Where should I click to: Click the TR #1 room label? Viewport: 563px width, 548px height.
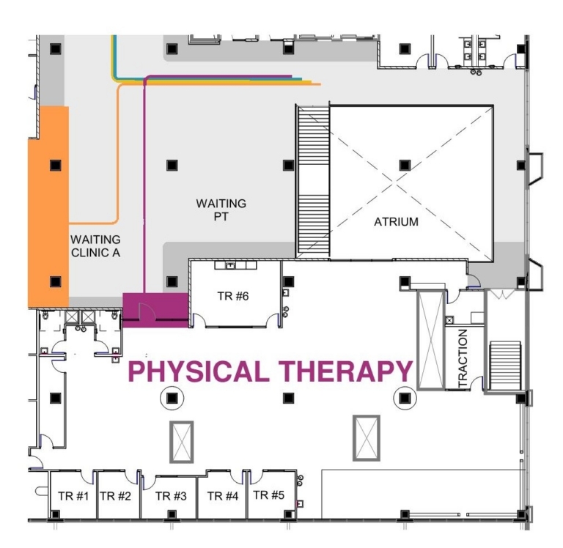coord(73,496)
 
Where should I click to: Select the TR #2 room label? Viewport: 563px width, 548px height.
coord(115,496)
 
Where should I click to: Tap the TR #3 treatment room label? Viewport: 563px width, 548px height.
coord(171,496)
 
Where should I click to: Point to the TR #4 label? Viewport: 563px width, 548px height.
coord(223,496)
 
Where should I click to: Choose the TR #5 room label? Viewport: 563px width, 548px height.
coord(268,495)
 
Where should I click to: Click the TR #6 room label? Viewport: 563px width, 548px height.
coord(233,296)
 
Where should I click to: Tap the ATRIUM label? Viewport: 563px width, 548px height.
coord(396,222)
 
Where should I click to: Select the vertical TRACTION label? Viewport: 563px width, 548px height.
coord(463,358)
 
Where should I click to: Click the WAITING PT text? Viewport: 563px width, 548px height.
coord(221,210)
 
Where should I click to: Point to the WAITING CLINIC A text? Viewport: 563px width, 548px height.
coord(95,246)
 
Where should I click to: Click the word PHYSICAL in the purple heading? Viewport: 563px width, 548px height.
coord(199,371)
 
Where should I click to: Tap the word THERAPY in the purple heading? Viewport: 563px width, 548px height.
coord(346,371)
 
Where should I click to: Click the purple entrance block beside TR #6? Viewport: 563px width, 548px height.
coord(155,310)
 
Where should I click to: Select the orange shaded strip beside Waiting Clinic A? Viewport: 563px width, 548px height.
coord(48,207)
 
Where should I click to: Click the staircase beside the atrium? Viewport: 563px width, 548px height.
coord(313,181)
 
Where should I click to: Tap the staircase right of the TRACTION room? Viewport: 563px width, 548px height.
coord(505,366)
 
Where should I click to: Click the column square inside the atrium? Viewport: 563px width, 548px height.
coord(405,165)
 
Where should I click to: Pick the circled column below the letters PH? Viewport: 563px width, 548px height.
coord(172,398)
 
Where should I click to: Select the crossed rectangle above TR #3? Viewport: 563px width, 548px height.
coord(182,442)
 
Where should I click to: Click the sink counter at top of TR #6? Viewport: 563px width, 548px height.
coord(235,265)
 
